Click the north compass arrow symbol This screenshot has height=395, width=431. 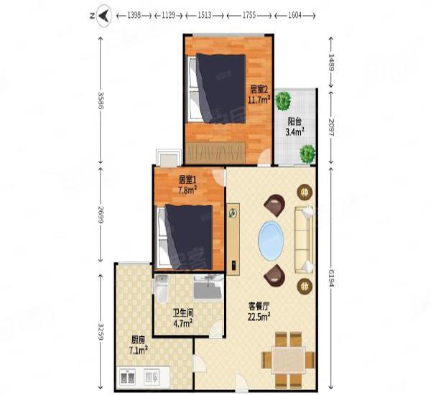[104, 16]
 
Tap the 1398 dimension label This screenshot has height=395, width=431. [134, 16]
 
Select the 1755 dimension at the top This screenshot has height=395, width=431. [249, 16]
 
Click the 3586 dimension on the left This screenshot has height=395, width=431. [101, 101]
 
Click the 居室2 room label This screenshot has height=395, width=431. [259, 90]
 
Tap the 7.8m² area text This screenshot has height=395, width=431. [187, 190]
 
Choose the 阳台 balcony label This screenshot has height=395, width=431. [295, 121]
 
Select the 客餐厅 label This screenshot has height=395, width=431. [259, 306]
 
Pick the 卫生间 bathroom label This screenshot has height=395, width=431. [183, 312]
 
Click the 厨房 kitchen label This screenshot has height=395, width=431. [138, 340]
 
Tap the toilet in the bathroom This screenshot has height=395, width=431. [162, 288]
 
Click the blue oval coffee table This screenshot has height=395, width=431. [271, 241]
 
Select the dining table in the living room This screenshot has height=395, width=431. [288, 360]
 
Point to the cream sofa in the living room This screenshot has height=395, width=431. [304, 240]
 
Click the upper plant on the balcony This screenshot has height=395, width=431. [283, 101]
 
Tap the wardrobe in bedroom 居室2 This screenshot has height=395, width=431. [215, 152]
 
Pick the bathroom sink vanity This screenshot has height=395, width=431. [208, 287]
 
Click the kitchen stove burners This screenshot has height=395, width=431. [128, 377]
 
